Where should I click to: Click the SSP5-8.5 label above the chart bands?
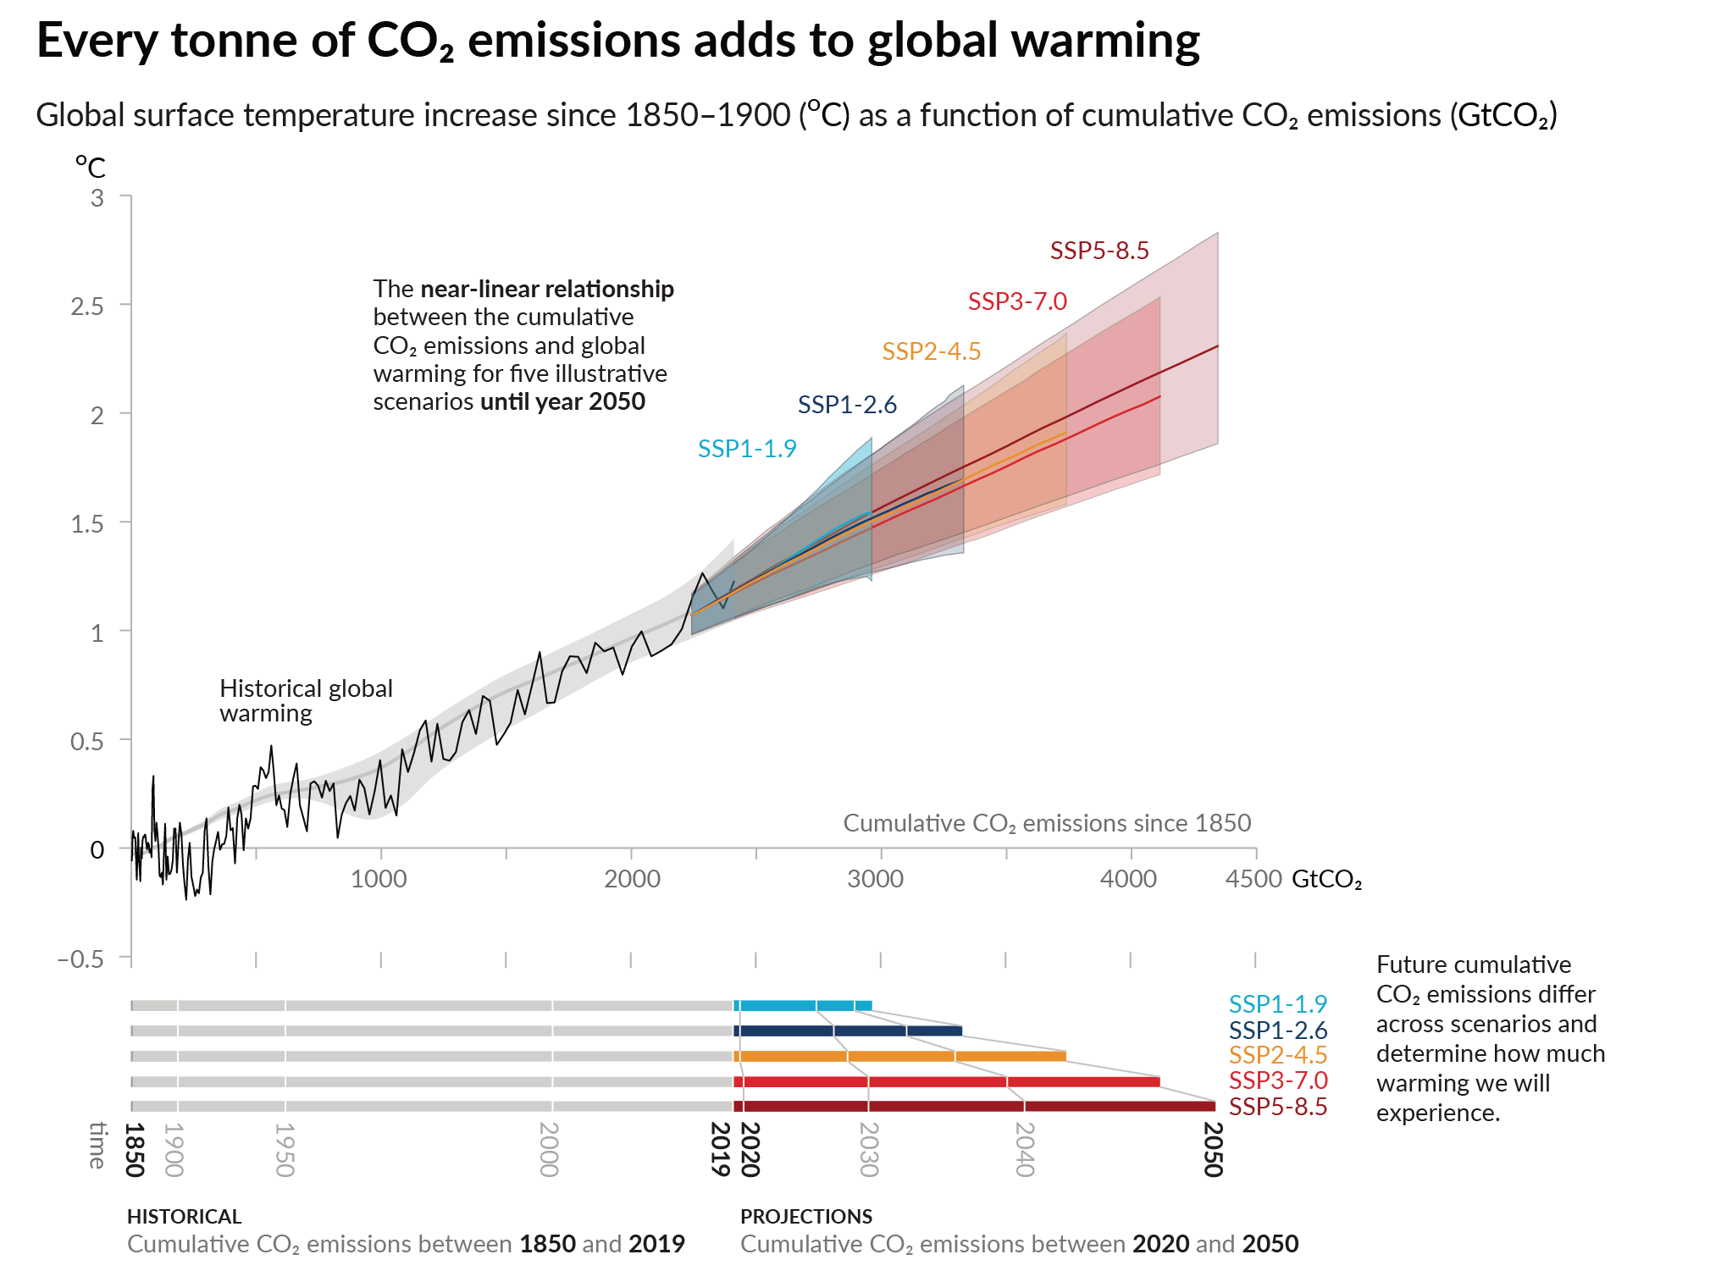tap(1099, 251)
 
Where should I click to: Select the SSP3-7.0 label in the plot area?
tap(1017, 301)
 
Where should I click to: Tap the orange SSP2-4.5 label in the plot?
tap(931, 351)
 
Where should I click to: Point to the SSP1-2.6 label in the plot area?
tap(847, 405)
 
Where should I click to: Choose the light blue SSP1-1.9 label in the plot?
tap(747, 449)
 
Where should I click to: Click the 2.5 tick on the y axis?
tap(88, 307)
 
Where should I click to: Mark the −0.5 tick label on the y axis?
tap(80, 959)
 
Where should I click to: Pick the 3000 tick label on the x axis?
tap(875, 879)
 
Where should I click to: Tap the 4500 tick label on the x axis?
tap(1253, 879)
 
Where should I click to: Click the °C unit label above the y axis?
tap(91, 167)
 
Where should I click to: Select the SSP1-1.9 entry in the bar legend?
tap(1277, 1004)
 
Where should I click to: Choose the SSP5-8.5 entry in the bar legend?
tap(1277, 1107)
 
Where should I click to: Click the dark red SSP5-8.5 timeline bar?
tap(974, 1107)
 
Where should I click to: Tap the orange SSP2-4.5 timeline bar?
tap(898, 1056)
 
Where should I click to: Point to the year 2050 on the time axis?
tap(1213, 1149)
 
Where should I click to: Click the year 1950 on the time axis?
tap(285, 1149)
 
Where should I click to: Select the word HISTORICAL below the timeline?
tap(184, 1217)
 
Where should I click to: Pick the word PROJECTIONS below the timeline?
tap(806, 1217)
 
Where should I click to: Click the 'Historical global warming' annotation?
tap(306, 700)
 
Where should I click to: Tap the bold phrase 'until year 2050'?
tap(562, 401)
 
